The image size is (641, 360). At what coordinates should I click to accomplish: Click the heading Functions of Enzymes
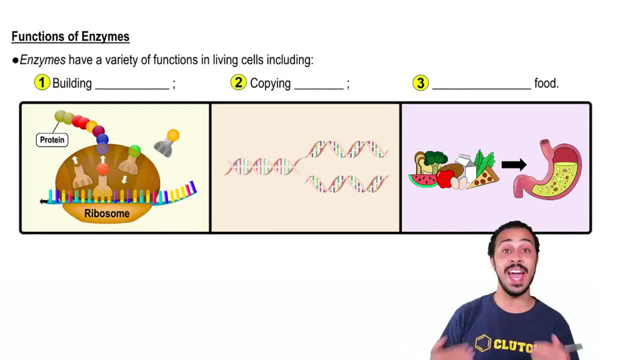(71, 37)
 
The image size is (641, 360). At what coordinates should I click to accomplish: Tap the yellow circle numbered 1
(42, 83)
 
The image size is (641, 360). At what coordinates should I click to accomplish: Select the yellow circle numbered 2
(238, 83)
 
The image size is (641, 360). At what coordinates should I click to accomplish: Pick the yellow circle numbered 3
(420, 83)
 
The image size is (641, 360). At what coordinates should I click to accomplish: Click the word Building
(72, 83)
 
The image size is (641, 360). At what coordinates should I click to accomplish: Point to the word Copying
(270, 83)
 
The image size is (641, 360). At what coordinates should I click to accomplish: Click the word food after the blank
(546, 83)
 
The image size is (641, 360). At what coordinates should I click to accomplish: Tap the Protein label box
(53, 140)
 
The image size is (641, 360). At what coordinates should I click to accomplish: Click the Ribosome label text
(107, 213)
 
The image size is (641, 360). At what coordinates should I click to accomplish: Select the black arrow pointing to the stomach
(513, 165)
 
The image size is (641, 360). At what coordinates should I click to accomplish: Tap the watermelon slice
(422, 179)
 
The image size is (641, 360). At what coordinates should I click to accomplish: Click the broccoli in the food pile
(436, 158)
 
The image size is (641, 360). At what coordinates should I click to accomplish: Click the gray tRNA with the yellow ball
(167, 143)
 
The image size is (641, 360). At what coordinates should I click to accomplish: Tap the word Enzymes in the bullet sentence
(42, 60)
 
